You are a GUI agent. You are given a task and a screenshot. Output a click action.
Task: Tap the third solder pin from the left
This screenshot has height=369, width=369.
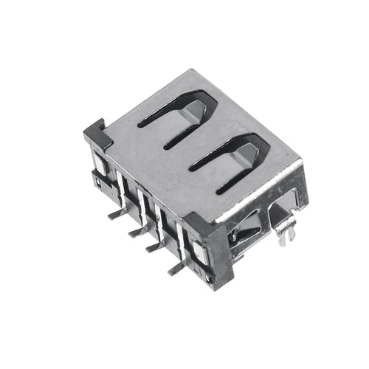[x=154, y=247]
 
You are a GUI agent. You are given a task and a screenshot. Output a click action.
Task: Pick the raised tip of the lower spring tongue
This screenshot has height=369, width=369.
[x=249, y=154]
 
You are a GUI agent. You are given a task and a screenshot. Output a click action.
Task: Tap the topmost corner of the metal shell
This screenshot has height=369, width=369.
[x=193, y=71]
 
